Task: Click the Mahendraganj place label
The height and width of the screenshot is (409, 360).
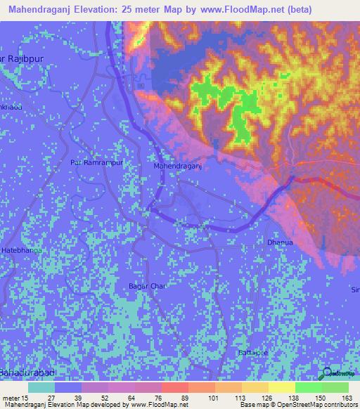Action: click(178, 167)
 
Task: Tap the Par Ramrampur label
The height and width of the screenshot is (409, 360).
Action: click(96, 162)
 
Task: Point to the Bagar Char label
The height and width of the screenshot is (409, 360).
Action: click(146, 286)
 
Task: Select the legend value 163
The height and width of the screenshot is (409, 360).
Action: click(345, 398)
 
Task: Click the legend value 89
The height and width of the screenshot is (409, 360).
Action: click(185, 398)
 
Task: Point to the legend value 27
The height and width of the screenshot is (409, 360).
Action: click(51, 398)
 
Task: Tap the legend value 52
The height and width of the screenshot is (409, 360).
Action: click(105, 398)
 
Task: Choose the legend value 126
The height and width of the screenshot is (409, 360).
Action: click(266, 398)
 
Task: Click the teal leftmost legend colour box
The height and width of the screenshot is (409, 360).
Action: click(41, 387)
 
